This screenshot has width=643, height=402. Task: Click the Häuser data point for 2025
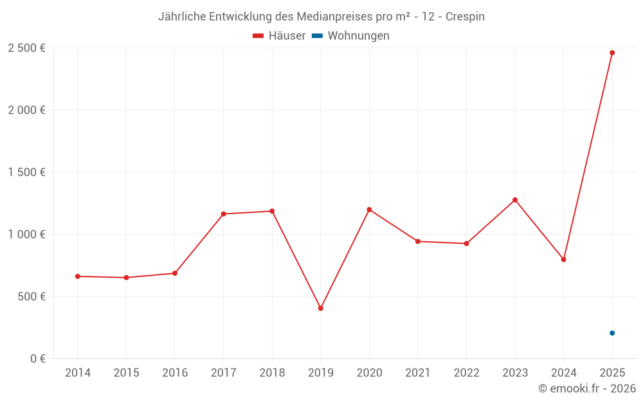point(612,53)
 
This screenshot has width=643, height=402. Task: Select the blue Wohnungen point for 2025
point(612,333)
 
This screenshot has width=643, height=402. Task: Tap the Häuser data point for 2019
point(320,308)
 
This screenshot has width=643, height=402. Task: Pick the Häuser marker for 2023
point(515,200)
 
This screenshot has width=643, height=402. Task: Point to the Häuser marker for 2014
point(78,276)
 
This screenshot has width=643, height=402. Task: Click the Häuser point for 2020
point(369,210)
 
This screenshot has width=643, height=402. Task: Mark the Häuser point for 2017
point(223,214)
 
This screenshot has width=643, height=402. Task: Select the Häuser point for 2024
point(563,260)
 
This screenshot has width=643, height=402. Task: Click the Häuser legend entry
point(279,36)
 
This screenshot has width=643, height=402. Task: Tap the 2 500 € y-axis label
point(26,48)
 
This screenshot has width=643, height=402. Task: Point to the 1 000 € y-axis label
point(26,235)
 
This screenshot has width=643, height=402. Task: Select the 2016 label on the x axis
point(175,373)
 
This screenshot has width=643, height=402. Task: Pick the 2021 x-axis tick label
point(418,373)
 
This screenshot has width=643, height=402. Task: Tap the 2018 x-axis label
point(272,373)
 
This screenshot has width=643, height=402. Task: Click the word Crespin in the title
point(466,17)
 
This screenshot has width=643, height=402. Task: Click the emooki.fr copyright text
point(587,388)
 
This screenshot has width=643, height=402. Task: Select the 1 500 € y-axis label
point(26,172)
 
